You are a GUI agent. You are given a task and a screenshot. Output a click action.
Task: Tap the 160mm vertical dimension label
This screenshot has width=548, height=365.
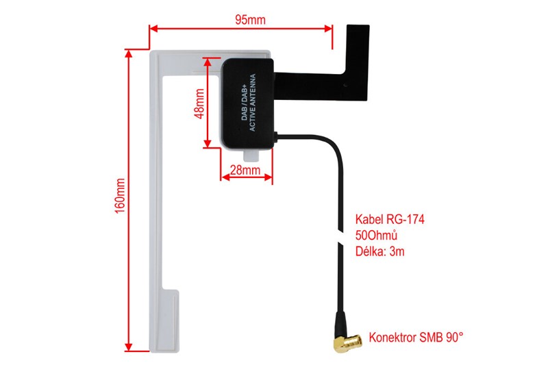[x=120, y=198]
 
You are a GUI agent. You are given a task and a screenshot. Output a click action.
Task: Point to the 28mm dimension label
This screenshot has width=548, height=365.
[x=245, y=169]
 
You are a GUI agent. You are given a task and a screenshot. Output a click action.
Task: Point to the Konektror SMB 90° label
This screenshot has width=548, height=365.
[x=416, y=337]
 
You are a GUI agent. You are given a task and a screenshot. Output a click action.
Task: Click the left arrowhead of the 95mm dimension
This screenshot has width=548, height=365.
[x=153, y=29]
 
